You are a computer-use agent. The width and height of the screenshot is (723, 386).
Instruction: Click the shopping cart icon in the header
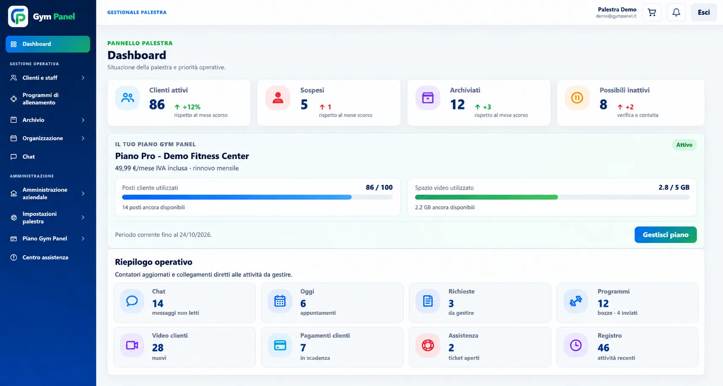(652, 13)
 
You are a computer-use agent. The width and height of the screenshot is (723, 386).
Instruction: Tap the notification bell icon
(676, 13)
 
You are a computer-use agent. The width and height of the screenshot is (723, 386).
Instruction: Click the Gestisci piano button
(665, 234)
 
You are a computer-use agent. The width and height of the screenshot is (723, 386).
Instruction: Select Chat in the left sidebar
(29, 157)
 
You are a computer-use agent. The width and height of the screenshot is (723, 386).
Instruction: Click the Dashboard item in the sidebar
(48, 44)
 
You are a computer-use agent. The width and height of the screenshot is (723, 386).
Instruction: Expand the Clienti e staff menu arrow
(83, 78)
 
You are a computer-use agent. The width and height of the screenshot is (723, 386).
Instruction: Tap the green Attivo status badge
(684, 145)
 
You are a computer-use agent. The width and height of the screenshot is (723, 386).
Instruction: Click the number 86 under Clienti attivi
(157, 104)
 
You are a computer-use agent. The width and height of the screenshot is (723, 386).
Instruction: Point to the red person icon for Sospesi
(278, 98)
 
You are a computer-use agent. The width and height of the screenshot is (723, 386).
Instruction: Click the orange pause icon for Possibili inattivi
(577, 98)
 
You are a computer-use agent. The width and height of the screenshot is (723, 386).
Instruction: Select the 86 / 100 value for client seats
(379, 187)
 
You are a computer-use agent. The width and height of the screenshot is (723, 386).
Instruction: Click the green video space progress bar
(486, 197)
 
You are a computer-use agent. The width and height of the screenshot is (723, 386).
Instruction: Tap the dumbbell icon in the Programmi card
(575, 301)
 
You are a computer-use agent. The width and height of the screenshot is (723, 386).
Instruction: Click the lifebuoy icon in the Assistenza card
(427, 345)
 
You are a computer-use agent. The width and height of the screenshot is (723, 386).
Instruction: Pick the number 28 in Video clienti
(158, 348)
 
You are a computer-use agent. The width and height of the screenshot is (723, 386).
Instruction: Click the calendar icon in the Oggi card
(280, 301)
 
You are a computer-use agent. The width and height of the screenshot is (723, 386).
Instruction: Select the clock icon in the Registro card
(575, 345)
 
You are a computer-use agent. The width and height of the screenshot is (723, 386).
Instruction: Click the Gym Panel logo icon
(18, 16)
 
